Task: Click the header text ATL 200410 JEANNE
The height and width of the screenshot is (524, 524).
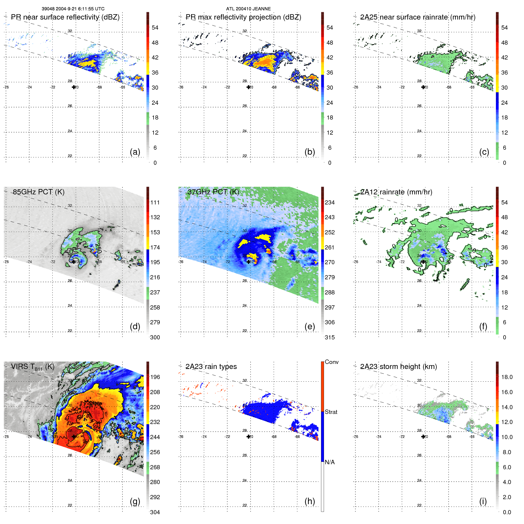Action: click(x=248, y=9)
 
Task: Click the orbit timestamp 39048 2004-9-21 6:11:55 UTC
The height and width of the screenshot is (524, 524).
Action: click(x=73, y=9)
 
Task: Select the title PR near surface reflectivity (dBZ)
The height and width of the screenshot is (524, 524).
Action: click(x=65, y=17)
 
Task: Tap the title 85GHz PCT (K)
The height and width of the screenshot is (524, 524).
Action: click(x=38, y=192)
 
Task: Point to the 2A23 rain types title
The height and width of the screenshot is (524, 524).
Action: click(x=211, y=367)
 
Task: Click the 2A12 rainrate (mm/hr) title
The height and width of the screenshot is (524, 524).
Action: click(x=396, y=192)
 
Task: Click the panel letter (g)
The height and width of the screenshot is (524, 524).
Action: click(x=135, y=501)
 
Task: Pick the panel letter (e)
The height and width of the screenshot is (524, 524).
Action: click(x=309, y=326)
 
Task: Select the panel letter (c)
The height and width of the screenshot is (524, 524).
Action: click(x=484, y=152)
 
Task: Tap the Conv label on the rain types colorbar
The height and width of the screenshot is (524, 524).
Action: click(x=331, y=362)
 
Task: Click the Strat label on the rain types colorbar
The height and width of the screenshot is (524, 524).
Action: click(x=331, y=412)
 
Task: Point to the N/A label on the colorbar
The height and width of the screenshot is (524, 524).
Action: click(x=330, y=462)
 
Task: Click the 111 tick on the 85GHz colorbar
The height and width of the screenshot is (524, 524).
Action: click(x=155, y=202)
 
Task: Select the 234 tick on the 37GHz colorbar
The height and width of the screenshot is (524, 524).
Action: click(x=330, y=202)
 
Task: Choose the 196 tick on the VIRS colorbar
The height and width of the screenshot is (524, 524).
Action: click(x=155, y=377)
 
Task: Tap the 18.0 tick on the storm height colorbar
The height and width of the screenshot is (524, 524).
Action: click(x=507, y=377)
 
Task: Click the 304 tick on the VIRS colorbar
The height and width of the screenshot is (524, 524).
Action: click(x=155, y=512)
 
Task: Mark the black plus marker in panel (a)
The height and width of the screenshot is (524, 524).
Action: click(x=74, y=87)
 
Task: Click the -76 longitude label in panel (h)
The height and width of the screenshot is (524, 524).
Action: click(x=181, y=437)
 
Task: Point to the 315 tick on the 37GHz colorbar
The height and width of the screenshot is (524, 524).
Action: click(x=330, y=337)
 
